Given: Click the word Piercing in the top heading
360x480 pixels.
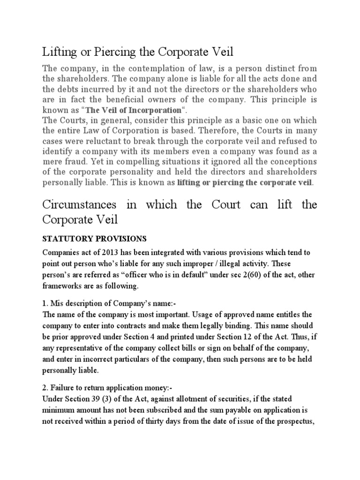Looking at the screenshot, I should point(102,51).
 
